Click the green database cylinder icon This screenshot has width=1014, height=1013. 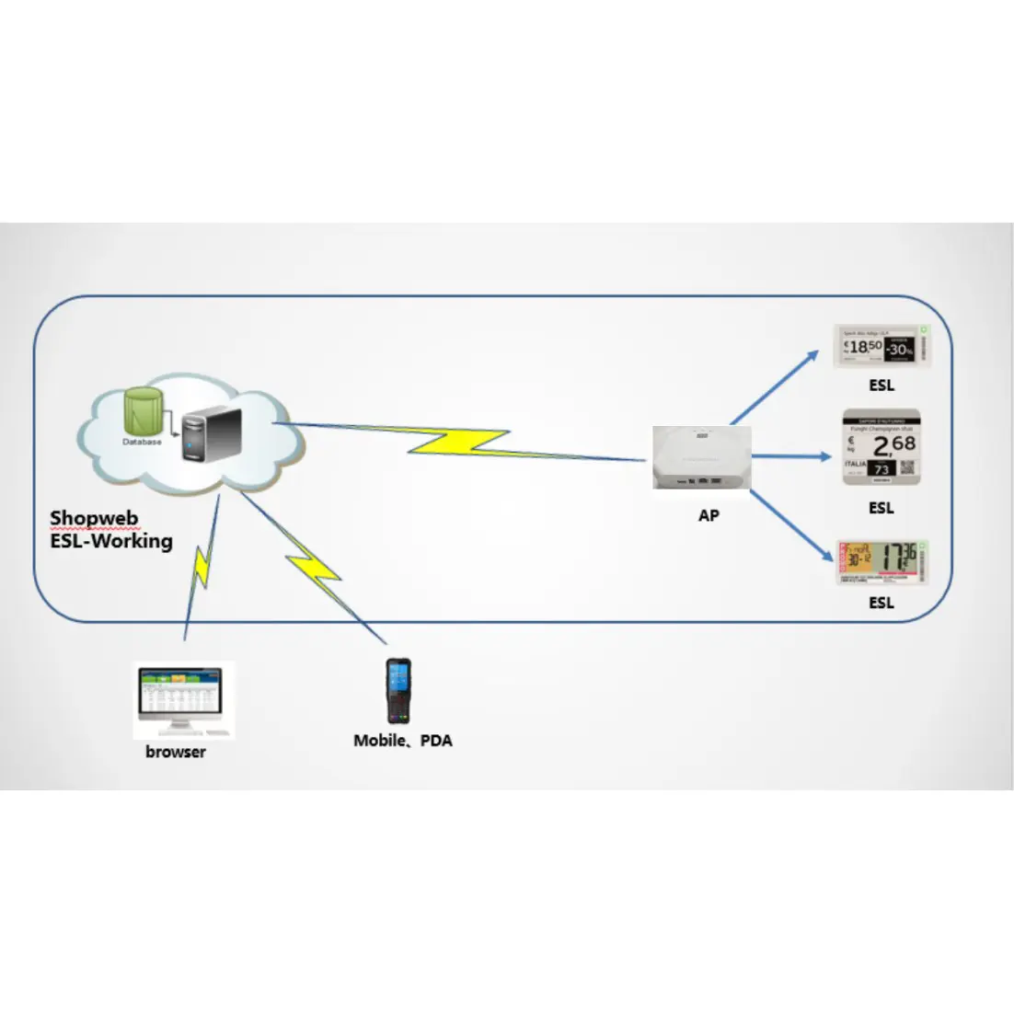pyautogui.click(x=144, y=412)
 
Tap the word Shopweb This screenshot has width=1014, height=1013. pyautogui.click(x=94, y=518)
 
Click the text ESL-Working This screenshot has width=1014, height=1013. pyautogui.click(x=110, y=540)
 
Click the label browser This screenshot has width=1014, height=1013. pyautogui.click(x=176, y=752)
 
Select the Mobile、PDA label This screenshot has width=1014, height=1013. pyautogui.click(x=403, y=740)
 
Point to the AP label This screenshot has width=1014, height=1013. pyautogui.click(x=709, y=515)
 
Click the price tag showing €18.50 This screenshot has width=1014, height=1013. pyautogui.click(x=881, y=346)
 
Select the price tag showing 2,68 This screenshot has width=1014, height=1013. pyautogui.click(x=881, y=447)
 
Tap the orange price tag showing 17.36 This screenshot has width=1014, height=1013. pyautogui.click(x=881, y=562)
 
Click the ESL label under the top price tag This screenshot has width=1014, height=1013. pyautogui.click(x=881, y=386)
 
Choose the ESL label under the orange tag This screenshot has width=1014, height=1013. pyautogui.click(x=881, y=603)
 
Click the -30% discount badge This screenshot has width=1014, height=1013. pyautogui.click(x=899, y=349)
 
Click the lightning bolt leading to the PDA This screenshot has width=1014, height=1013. pyautogui.click(x=313, y=570)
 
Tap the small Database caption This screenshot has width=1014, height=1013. pyautogui.click(x=142, y=443)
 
